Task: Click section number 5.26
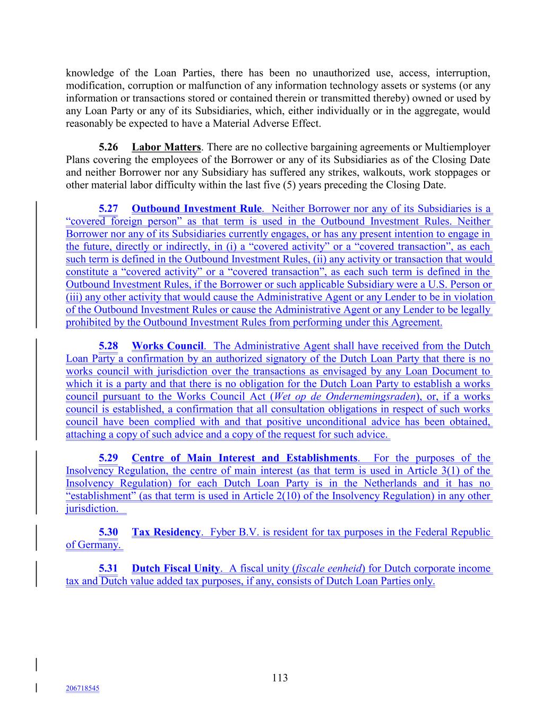coord(108,147)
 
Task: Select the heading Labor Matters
coord(166,147)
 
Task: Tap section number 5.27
coord(108,209)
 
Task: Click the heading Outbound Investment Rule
coord(196,209)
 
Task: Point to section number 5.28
coord(108,346)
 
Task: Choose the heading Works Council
coord(167,346)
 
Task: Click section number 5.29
coord(108,458)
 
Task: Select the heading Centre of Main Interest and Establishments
coord(244,458)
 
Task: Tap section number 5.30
coord(108,532)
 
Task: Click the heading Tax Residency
coord(166,532)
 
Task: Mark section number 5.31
coord(108,569)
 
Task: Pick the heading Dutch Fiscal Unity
coord(175,569)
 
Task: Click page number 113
coord(280,678)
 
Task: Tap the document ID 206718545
coord(82,688)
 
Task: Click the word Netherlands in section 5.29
coord(390,483)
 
